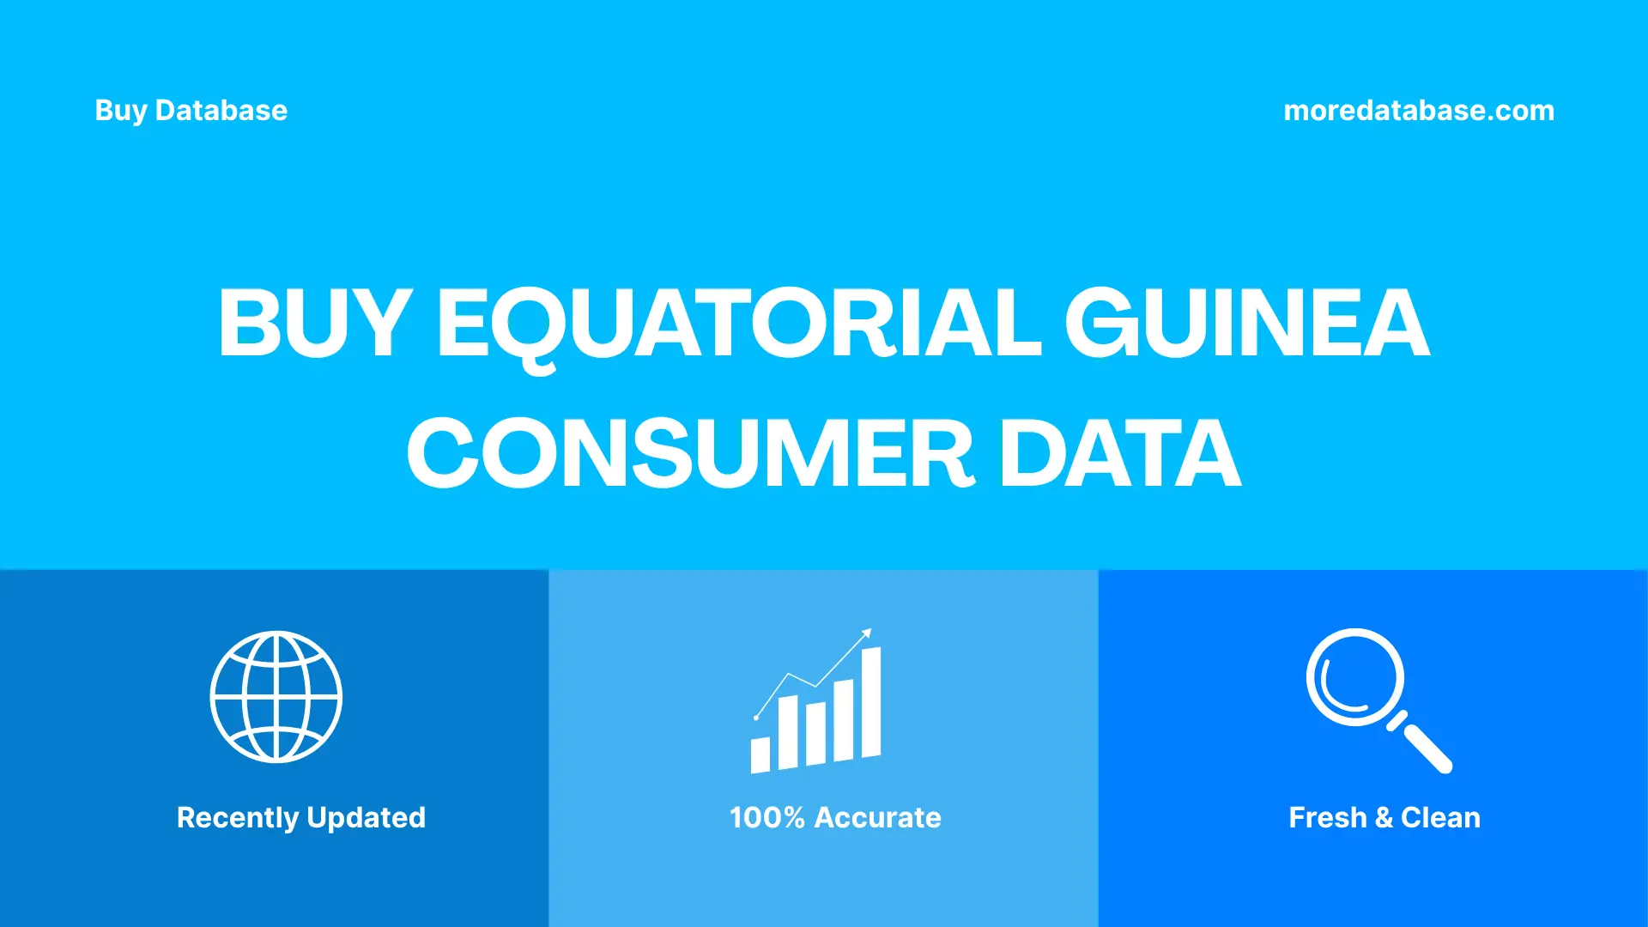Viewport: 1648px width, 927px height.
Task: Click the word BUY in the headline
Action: click(x=315, y=324)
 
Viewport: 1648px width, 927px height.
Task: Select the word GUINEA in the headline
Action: click(x=1246, y=324)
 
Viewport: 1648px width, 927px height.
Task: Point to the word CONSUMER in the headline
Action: click(x=691, y=454)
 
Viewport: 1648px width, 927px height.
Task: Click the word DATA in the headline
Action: click(x=1120, y=454)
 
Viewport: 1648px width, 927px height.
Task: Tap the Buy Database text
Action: click(x=191, y=111)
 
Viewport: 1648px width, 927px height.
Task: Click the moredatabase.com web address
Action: click(x=1418, y=111)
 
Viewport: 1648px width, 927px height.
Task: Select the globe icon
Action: click(x=276, y=697)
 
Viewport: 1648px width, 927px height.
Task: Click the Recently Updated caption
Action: click(x=300, y=817)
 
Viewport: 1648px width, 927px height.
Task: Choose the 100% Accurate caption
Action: click(x=835, y=817)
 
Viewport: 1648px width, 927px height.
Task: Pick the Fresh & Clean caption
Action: click(x=1384, y=817)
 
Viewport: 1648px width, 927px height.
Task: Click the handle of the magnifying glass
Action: click(x=1427, y=748)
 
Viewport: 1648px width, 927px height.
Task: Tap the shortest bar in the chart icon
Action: click(x=760, y=754)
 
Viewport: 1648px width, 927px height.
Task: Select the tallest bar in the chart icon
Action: click(x=870, y=702)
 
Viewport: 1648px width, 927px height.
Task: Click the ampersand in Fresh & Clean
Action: click(x=1383, y=818)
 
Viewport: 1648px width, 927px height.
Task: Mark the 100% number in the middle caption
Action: click(x=766, y=817)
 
